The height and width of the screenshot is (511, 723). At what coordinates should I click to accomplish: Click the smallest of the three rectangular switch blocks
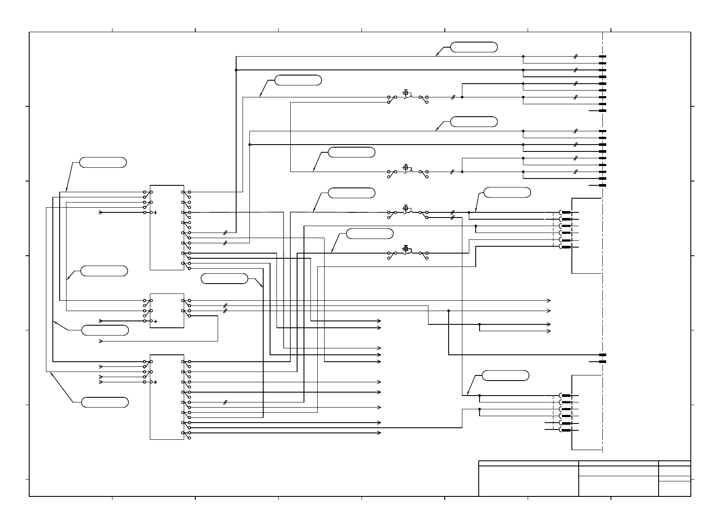point(167,311)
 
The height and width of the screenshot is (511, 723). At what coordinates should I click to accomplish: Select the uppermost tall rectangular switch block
point(167,228)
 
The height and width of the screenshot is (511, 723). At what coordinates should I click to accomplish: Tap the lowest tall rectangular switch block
point(167,397)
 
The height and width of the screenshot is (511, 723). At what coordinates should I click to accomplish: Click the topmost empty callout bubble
point(474,47)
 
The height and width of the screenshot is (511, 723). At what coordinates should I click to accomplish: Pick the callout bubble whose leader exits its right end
point(225,278)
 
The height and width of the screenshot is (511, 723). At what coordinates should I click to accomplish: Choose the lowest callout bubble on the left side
point(105,402)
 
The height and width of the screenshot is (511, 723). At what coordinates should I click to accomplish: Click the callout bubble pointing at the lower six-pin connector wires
point(505,375)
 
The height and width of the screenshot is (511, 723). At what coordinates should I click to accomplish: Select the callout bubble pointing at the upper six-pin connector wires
point(507,192)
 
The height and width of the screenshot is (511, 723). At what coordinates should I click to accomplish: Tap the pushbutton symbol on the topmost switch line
point(406,93)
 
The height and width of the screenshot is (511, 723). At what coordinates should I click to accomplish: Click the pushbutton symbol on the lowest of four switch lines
point(406,249)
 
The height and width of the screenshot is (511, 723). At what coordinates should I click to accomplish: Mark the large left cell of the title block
point(529,481)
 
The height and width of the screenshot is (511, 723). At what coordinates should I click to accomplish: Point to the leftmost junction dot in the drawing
point(236,70)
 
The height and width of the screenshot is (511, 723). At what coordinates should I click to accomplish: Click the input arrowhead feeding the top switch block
point(101,212)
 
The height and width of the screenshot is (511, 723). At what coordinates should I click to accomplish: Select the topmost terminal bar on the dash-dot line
point(602,56)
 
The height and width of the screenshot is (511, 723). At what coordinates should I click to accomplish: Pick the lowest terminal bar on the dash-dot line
point(602,362)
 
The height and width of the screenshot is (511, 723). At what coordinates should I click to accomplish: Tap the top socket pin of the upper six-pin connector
point(566,212)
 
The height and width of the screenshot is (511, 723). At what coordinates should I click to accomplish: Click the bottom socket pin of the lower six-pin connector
point(566,429)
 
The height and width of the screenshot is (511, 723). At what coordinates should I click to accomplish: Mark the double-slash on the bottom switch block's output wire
point(225,402)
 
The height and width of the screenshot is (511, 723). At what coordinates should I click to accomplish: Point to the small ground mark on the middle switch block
point(155,321)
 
